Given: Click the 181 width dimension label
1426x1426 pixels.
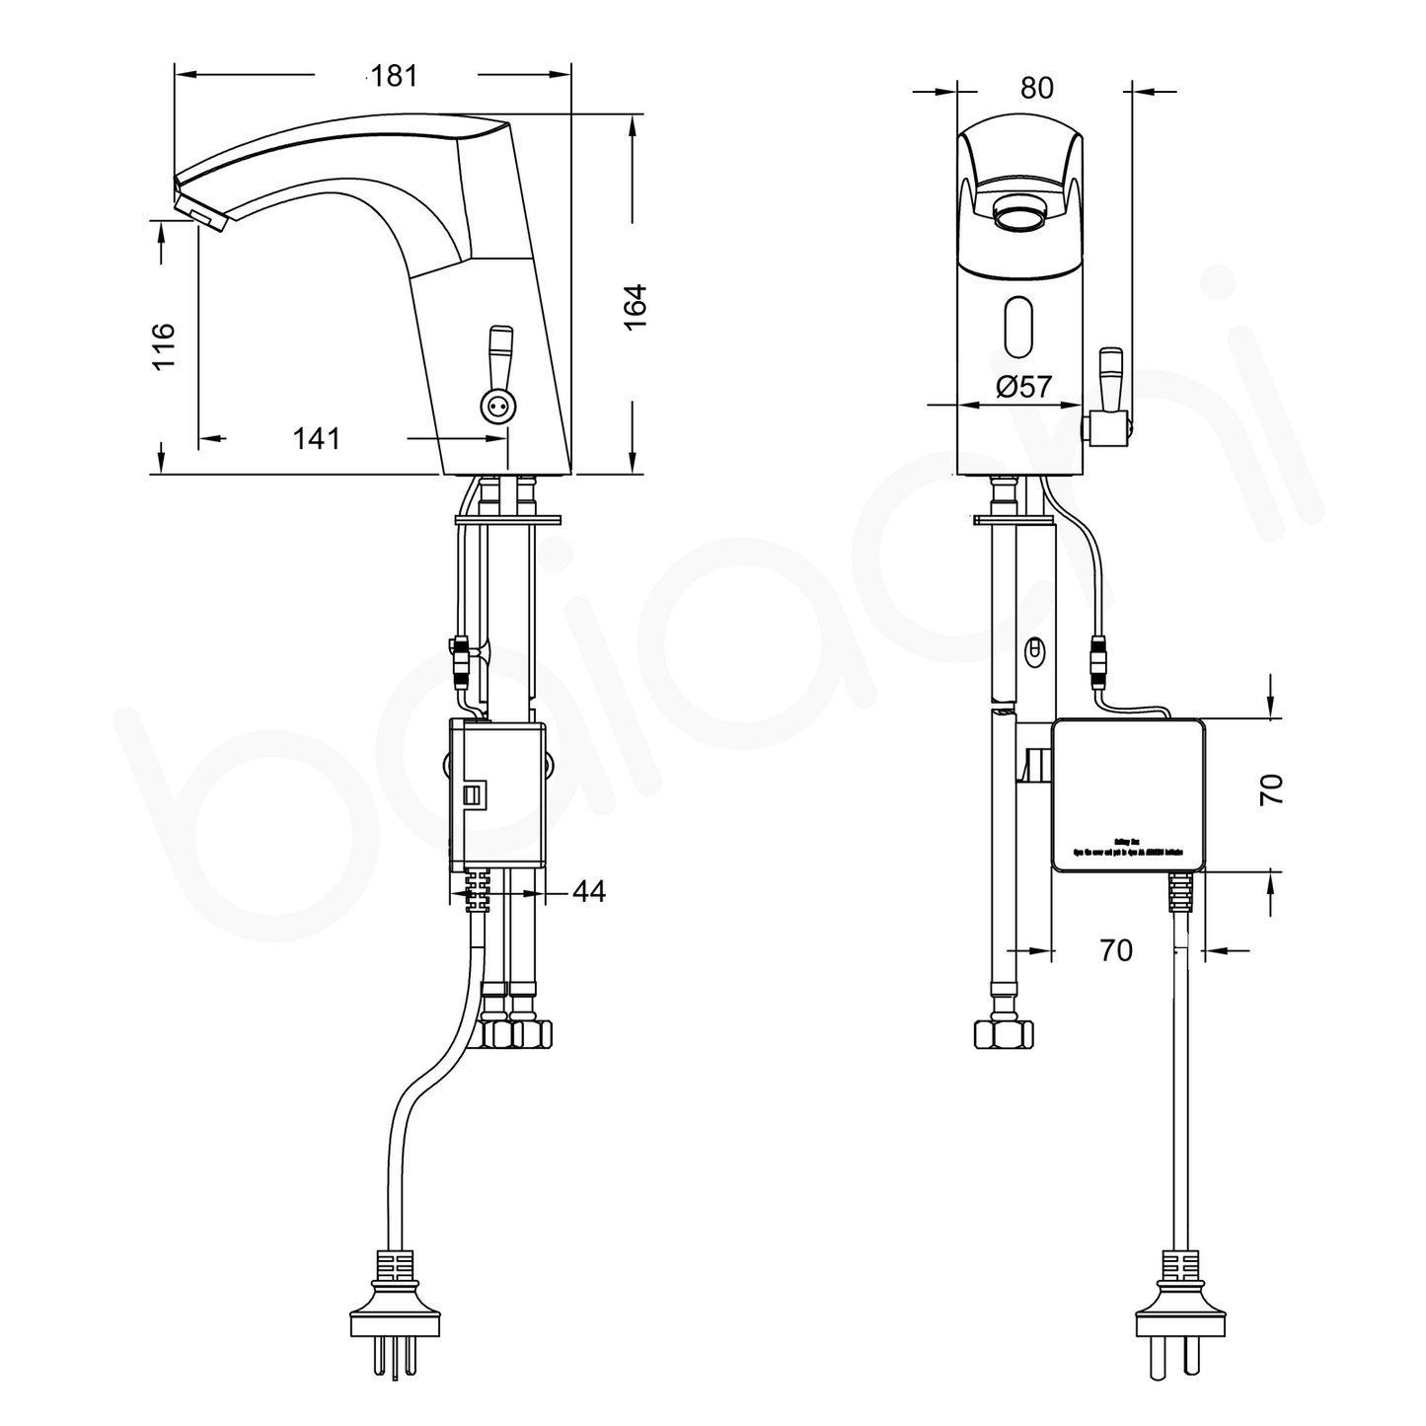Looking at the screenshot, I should pyautogui.click(x=395, y=76).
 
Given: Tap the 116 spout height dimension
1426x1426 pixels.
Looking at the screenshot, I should pyautogui.click(x=162, y=345).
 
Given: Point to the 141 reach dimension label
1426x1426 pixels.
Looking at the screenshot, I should pyautogui.click(x=316, y=438).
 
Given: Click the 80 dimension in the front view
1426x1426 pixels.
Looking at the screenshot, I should pyautogui.click(x=1036, y=89).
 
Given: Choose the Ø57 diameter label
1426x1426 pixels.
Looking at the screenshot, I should pyautogui.click(x=1023, y=388).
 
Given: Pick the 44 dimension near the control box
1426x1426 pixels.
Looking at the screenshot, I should pyautogui.click(x=588, y=892).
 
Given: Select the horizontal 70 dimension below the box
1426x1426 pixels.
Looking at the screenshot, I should pyautogui.click(x=1115, y=951).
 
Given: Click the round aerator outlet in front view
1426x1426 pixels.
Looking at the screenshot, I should pyautogui.click(x=1018, y=211).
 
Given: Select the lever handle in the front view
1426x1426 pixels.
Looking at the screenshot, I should pyautogui.click(x=1111, y=380).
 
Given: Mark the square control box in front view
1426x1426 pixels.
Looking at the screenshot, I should pyautogui.click(x=1127, y=795).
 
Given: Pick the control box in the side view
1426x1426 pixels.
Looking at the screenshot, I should pyautogui.click(x=496, y=795).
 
